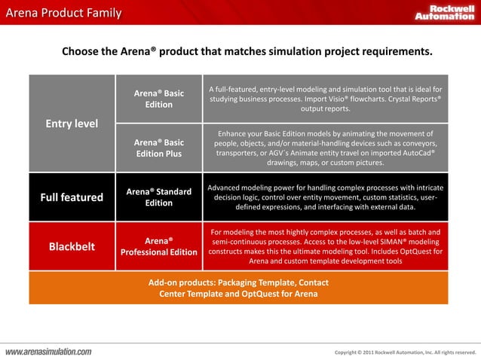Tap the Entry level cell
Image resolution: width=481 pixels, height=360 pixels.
[72, 124]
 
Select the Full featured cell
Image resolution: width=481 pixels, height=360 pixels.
[72, 197]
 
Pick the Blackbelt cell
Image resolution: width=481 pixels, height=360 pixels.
[72, 246]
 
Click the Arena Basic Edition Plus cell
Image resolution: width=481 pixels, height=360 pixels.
[158, 148]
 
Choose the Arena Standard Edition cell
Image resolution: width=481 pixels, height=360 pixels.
[158, 197]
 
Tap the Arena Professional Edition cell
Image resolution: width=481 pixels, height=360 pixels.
[158, 246]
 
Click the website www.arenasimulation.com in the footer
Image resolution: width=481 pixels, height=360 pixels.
[49, 352]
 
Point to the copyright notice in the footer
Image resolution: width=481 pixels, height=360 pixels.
[405, 352]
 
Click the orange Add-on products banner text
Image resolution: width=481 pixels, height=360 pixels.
[238, 288]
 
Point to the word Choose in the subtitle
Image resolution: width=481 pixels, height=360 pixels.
[81, 52]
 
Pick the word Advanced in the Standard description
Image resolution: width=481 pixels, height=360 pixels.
[228, 187]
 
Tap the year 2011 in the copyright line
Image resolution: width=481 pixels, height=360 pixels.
[367, 352]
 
